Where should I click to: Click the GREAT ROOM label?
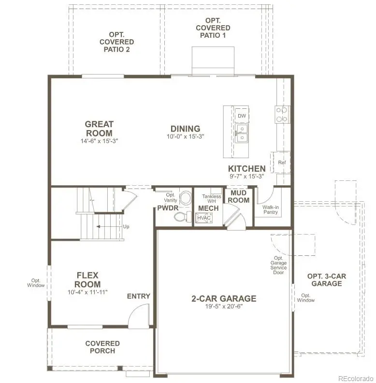(99, 129)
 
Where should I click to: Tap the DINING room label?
(185, 129)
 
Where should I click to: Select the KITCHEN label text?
(247, 169)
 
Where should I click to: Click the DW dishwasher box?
(242, 117)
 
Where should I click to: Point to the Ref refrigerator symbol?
(282, 162)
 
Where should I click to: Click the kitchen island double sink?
(242, 133)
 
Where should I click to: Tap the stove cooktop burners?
(282, 114)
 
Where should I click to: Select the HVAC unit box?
(203, 218)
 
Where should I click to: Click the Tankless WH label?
(212, 199)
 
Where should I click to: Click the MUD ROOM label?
(239, 196)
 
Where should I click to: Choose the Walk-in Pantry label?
(270, 209)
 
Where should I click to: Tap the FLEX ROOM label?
(88, 280)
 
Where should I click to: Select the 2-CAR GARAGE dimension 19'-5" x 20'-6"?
(224, 306)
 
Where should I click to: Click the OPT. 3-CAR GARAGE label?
(327, 280)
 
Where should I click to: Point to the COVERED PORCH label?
(102, 347)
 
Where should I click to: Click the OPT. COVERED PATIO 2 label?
(115, 42)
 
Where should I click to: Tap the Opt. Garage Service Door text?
(279, 265)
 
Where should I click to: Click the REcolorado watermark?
(355, 378)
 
